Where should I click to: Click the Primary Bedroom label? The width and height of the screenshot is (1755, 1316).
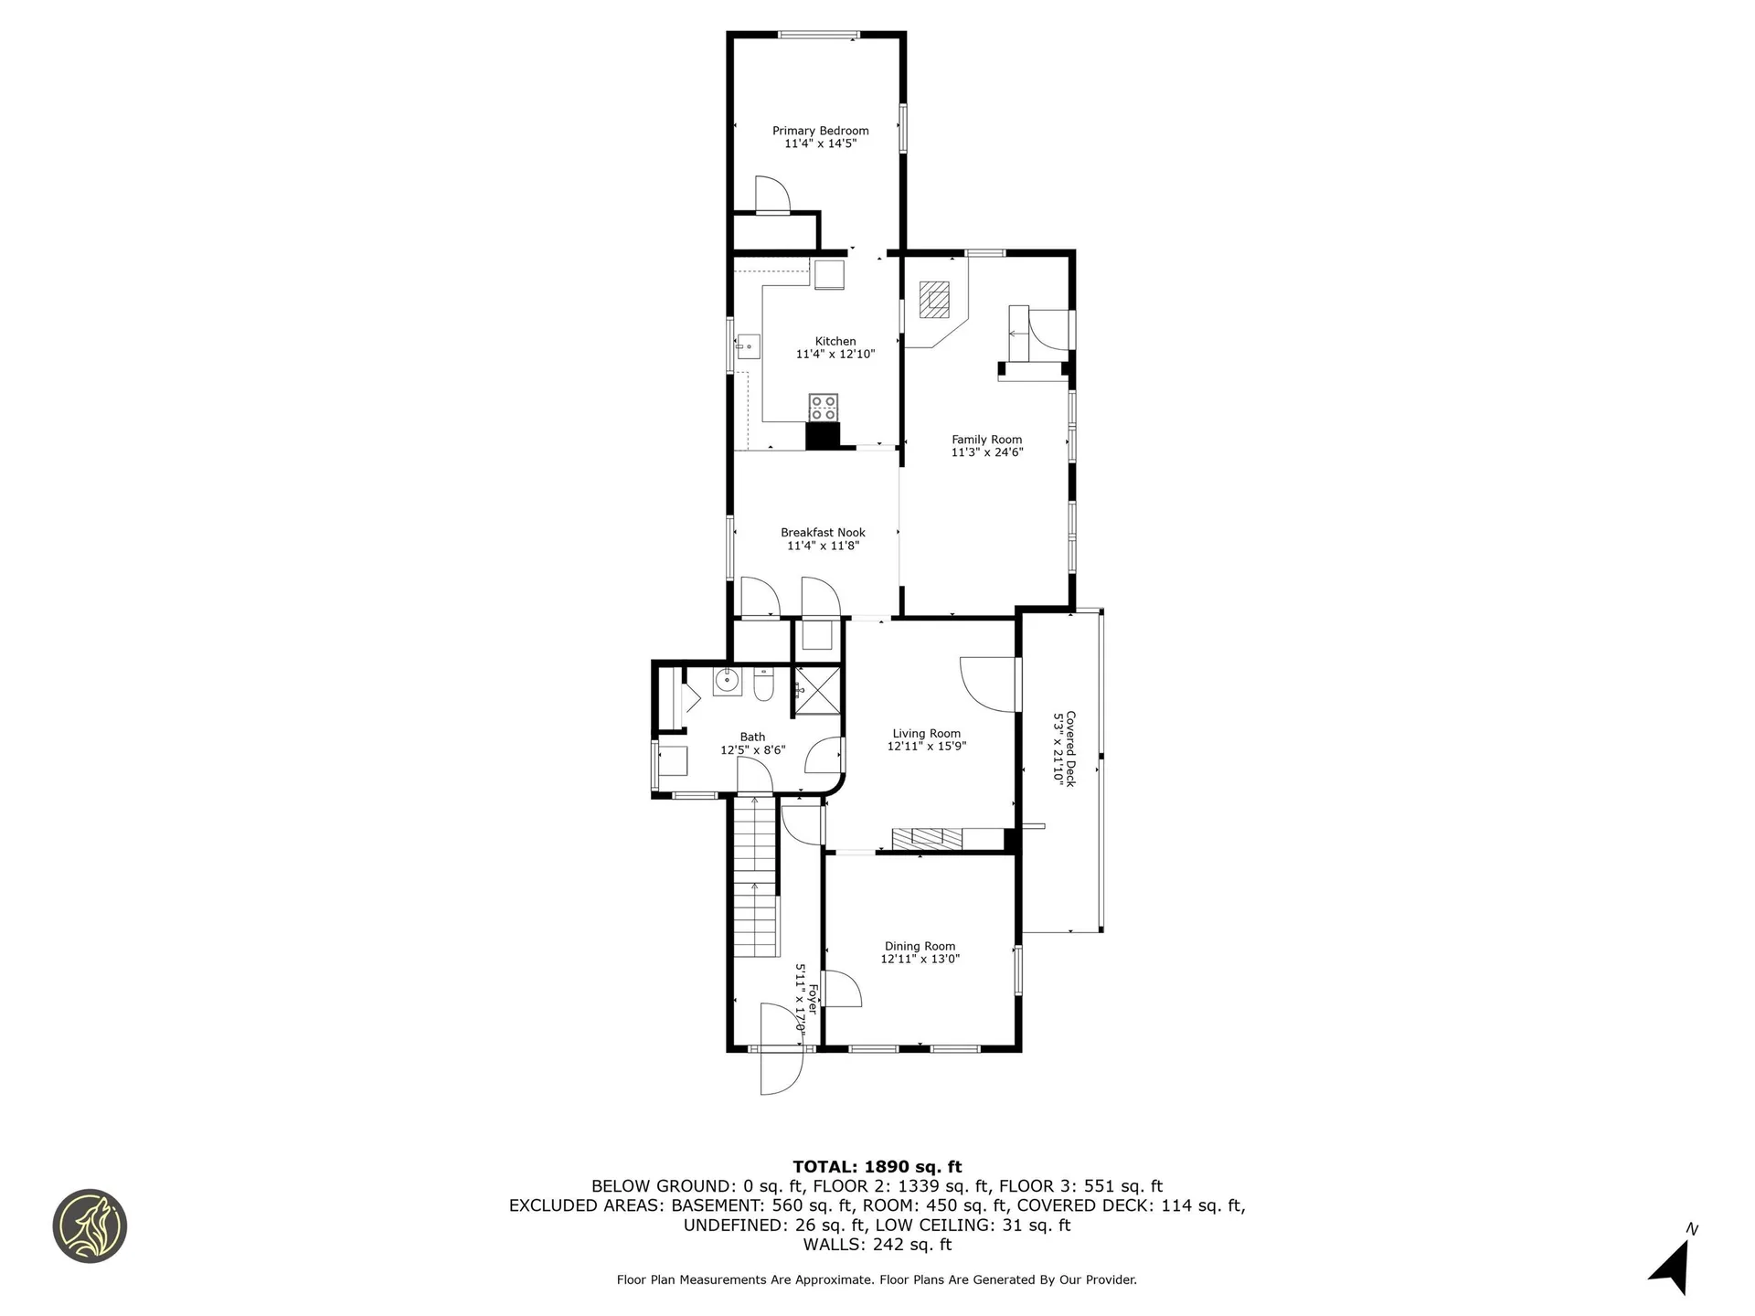point(820,131)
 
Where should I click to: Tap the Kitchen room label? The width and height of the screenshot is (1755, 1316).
point(835,341)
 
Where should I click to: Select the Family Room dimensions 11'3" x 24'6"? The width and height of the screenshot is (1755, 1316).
point(986,451)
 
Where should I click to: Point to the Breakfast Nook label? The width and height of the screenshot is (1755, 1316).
point(823,532)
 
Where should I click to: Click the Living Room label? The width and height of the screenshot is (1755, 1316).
point(926,733)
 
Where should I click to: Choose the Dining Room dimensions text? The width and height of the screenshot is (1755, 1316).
point(920,959)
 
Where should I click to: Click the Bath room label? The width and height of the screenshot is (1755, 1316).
point(752,737)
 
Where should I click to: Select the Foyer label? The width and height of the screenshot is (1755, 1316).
point(811,998)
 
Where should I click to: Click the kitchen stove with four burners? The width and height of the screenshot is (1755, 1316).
point(823,408)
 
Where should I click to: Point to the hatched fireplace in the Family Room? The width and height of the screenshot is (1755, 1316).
point(935,299)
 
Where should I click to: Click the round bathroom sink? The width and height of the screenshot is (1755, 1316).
point(728,680)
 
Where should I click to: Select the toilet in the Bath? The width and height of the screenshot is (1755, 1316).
point(764,684)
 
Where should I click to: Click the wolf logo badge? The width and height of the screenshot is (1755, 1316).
point(90,1226)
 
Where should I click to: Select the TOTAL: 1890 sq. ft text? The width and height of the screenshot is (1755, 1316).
point(877,1166)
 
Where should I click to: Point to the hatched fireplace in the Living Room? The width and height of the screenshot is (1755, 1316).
point(927,838)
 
